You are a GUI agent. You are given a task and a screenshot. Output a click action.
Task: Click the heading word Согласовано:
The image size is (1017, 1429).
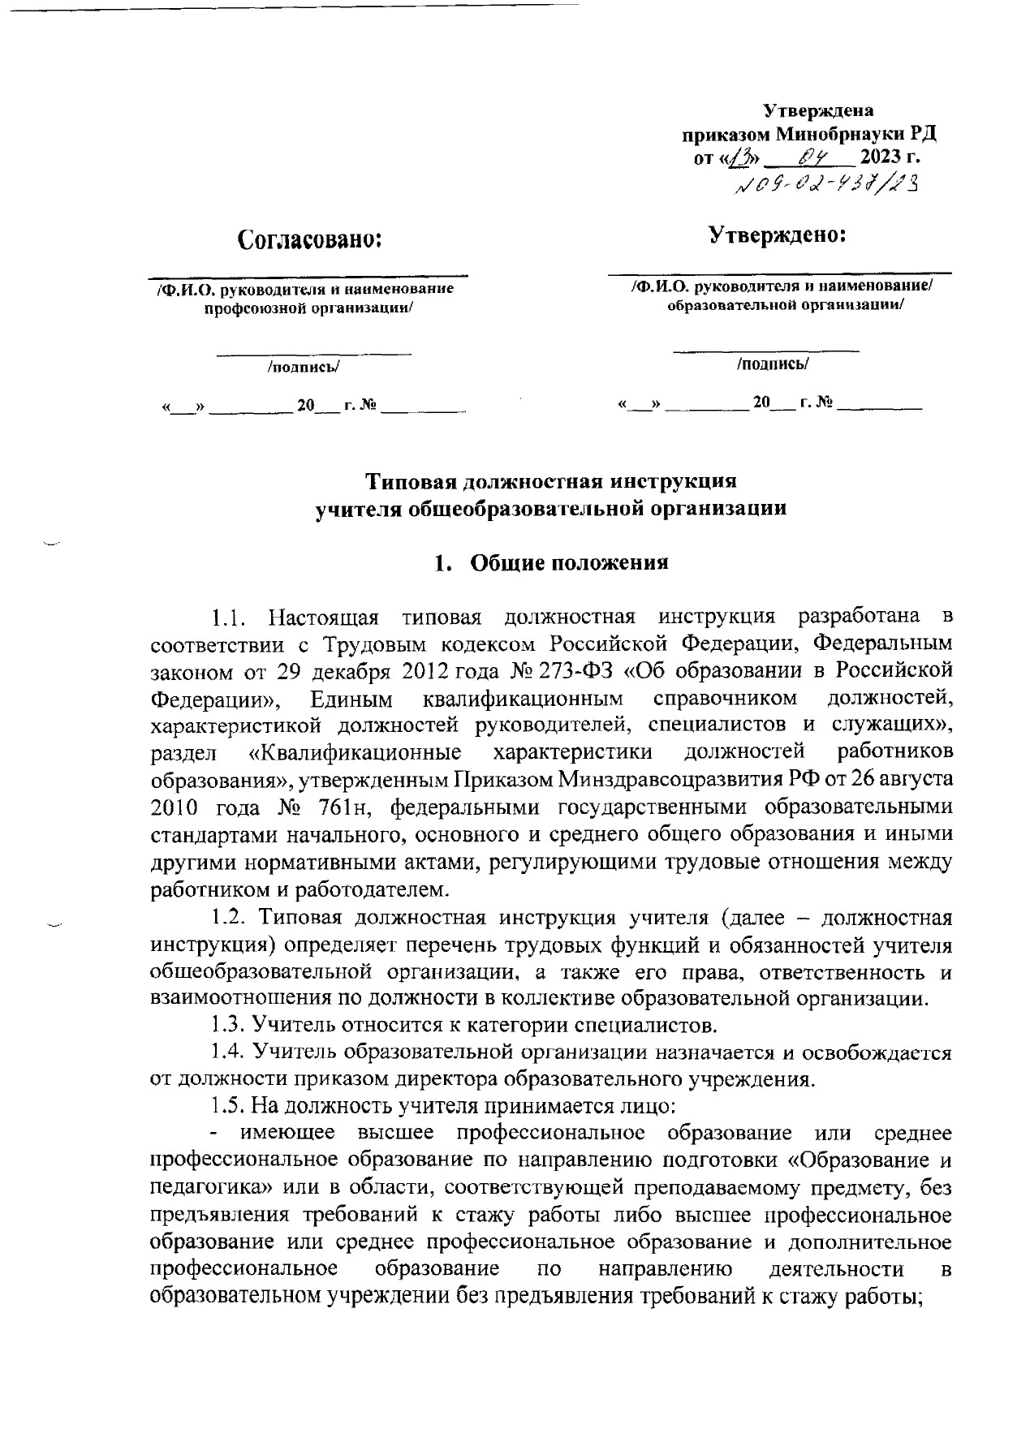[309, 239]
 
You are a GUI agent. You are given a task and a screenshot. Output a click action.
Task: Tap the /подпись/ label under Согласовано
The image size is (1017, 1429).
[304, 367]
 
